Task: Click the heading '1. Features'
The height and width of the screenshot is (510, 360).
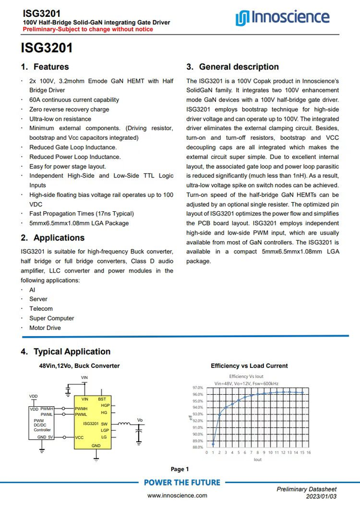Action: click(x=45, y=67)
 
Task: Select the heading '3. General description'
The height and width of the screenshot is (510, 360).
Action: click(x=233, y=67)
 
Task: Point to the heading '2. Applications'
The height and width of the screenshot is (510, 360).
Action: click(x=53, y=238)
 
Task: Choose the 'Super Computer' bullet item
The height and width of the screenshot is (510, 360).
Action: click(x=52, y=319)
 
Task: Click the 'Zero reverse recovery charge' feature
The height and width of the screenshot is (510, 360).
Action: click(x=69, y=110)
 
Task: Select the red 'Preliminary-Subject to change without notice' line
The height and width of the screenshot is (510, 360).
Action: click(x=79, y=29)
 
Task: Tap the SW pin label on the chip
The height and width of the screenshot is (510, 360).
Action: click(x=104, y=424)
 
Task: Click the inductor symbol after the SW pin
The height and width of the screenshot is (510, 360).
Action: click(x=124, y=424)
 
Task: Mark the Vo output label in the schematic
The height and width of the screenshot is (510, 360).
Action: click(x=140, y=419)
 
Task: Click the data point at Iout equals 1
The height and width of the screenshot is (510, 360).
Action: click(x=214, y=443)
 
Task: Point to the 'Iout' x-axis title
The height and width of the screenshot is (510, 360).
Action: click(x=257, y=459)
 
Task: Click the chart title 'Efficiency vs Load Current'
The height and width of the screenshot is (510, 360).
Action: click(x=249, y=365)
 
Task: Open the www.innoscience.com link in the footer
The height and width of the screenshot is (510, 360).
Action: click(x=177, y=496)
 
